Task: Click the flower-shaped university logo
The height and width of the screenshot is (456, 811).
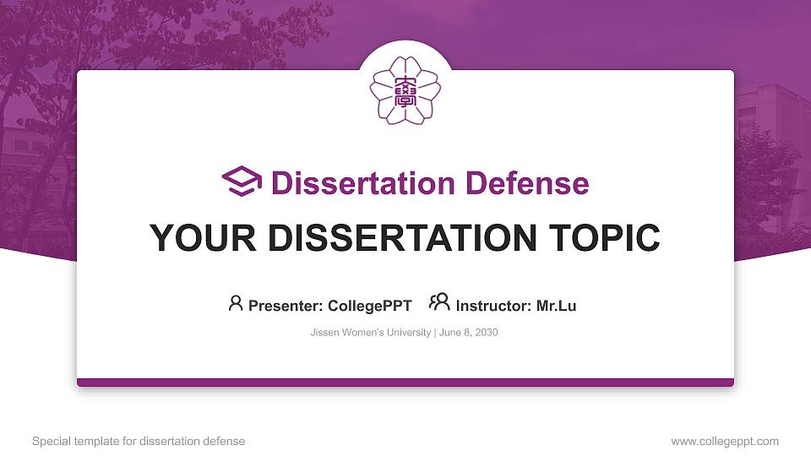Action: coord(405,90)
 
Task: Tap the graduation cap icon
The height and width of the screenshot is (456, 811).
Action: coord(242,182)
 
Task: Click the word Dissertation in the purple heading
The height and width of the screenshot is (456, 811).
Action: coord(363,183)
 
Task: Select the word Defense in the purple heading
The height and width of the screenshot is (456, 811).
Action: coord(527,183)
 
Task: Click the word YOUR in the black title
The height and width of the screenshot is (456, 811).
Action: coord(203,238)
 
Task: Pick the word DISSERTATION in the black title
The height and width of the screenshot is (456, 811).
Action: coord(402,238)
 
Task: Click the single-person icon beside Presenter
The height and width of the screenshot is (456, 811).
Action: coord(236,303)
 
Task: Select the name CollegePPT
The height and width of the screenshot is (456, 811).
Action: coord(370,306)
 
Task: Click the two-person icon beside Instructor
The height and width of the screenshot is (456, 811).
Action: coord(439,302)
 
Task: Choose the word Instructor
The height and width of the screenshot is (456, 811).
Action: coord(493,306)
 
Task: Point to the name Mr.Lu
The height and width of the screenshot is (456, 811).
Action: coord(556,306)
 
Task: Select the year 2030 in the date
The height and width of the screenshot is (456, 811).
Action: coord(487,333)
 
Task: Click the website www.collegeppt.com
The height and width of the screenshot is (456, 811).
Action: coord(725,442)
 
